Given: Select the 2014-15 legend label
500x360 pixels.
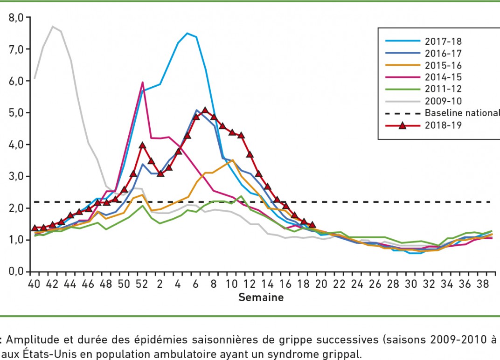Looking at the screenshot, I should (443, 76).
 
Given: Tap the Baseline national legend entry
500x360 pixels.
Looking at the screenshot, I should (462, 113).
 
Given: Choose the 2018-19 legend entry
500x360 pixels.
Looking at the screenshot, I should (443, 125).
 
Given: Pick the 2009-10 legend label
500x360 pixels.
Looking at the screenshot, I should (443, 101).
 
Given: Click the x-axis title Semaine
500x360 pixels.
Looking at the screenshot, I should (261, 298).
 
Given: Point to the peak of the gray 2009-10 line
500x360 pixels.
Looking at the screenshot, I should (52, 26).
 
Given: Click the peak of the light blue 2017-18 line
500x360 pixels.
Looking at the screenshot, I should (187, 33).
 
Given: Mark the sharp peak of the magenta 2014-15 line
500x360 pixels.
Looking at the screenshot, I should (142, 83).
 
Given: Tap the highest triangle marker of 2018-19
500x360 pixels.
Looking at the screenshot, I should (205, 110).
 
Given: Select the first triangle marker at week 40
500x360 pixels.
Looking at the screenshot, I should (35, 228).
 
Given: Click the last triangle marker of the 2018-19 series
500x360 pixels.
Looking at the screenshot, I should (312, 224).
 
